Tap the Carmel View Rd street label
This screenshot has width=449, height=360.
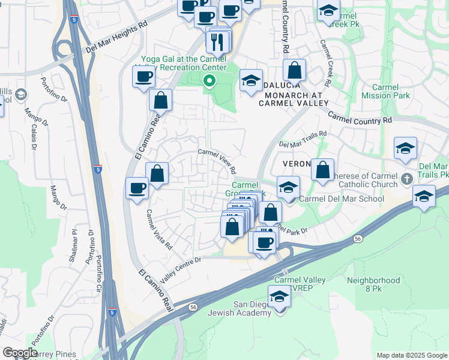tap(217, 161)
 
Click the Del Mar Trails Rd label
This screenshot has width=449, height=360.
tap(303, 139)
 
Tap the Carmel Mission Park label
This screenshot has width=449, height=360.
tap(387, 91)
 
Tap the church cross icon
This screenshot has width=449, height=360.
tap(407, 179)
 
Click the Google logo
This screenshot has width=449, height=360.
tap(20, 353)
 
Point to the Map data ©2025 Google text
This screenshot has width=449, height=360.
tap(412, 355)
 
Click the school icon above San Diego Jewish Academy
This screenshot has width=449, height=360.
tap(279, 296)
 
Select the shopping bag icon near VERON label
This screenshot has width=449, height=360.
tap(322, 169)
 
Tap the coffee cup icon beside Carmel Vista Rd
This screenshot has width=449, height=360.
tap(137, 188)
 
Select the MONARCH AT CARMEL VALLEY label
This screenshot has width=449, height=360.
tap(291, 99)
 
